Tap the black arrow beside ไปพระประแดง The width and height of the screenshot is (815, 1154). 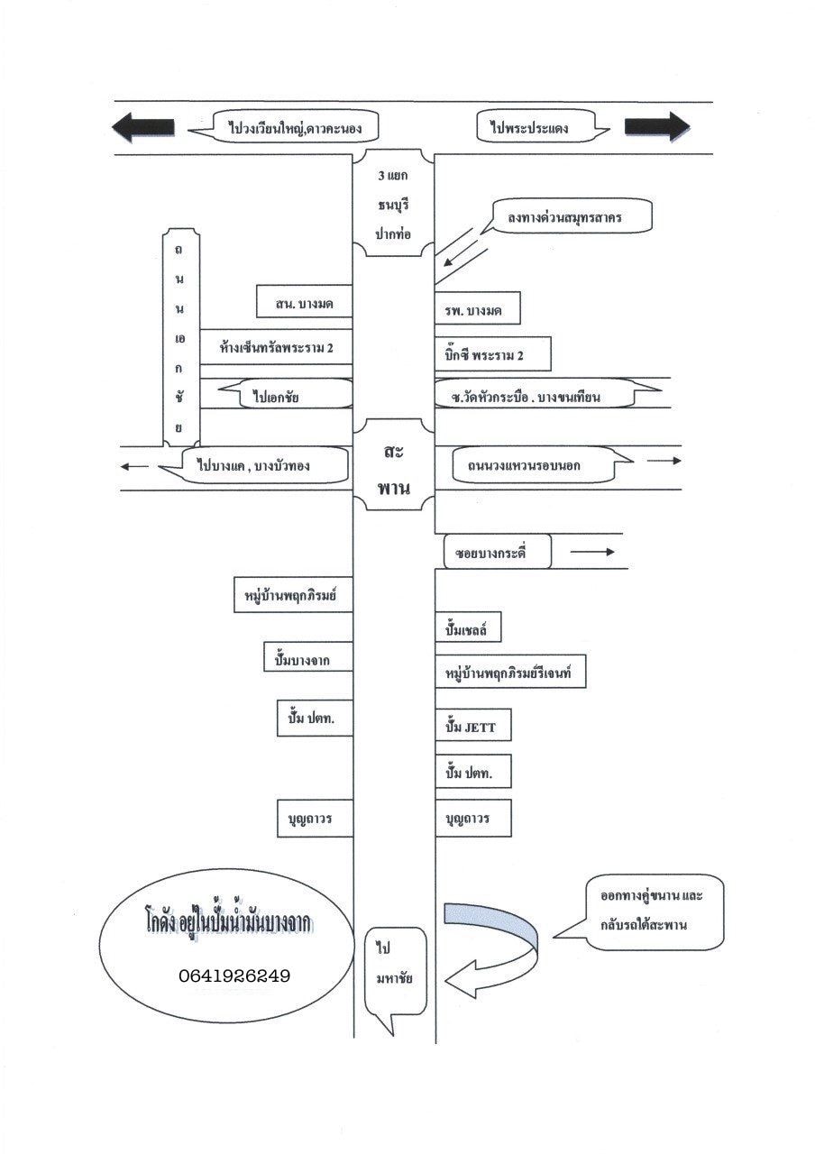click(x=656, y=126)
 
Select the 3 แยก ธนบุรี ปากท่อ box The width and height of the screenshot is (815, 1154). click(x=393, y=203)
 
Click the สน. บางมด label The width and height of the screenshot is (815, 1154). click(x=304, y=304)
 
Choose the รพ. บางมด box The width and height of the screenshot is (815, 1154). click(x=478, y=311)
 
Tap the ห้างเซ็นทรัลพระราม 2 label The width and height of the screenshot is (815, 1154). click(x=275, y=346)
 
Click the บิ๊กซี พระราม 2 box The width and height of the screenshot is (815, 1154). click(x=491, y=354)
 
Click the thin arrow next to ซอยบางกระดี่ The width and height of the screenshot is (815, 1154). click(x=591, y=552)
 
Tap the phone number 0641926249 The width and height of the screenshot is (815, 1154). click(x=234, y=975)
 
